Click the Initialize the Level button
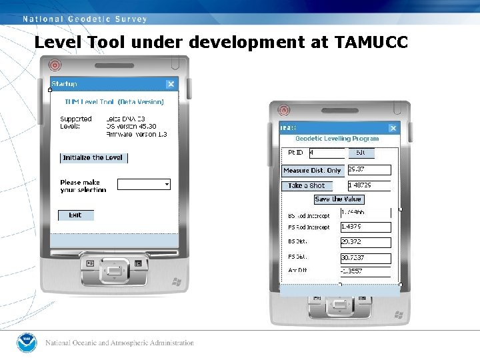93,158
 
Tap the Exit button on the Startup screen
75,215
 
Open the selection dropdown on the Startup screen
167,184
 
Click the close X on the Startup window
171,84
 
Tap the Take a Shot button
307,186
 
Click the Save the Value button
339,199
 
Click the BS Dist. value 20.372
365,242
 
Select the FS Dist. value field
365,257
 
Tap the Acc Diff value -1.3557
365,271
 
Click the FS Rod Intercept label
309,227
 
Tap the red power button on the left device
55,66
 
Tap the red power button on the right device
284,110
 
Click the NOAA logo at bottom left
27,343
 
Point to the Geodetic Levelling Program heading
337,139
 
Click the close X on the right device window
393,128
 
